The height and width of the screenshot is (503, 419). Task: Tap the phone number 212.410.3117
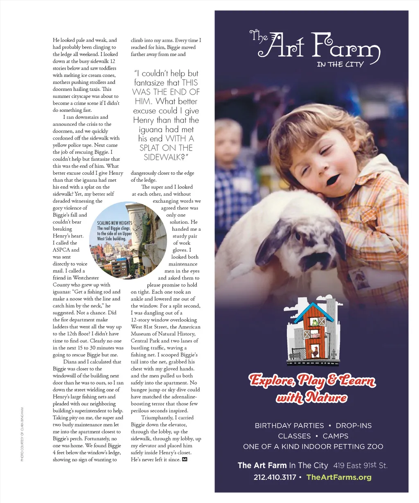275,477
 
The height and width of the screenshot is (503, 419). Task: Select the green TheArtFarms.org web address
339,477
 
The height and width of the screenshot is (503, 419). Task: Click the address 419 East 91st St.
360,465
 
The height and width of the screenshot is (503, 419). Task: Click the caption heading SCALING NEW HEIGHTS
115,223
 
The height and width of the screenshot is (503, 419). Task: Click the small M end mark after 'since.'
184,460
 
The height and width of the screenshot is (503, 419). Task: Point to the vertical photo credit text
23,434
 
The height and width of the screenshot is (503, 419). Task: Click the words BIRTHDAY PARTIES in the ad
289,426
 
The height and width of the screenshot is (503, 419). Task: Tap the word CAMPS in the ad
336,436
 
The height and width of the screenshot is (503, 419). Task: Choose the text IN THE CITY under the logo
340,64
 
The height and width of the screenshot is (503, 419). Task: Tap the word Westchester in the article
86,278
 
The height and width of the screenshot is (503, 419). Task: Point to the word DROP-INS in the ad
354,426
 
